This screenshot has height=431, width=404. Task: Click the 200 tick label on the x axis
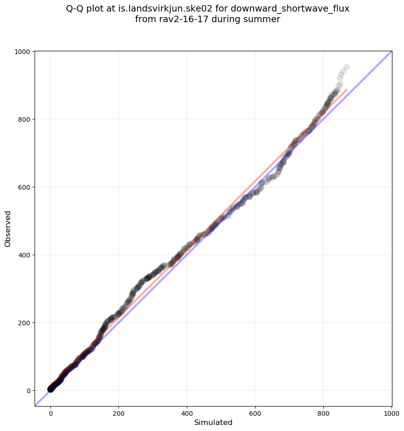tap(119, 413)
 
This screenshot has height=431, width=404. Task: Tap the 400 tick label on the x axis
tap(187, 413)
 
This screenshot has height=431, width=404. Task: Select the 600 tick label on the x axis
tap(255, 413)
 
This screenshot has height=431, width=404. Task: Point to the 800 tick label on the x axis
tap(323, 413)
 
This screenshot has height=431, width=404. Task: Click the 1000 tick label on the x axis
tap(391, 413)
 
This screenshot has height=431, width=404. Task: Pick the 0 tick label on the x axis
tap(51, 413)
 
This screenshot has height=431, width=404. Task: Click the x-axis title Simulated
tap(213, 423)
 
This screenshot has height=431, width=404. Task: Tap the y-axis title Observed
tap(8, 229)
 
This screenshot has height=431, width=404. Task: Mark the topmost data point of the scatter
tap(346, 67)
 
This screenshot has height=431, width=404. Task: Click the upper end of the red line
tap(347, 89)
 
